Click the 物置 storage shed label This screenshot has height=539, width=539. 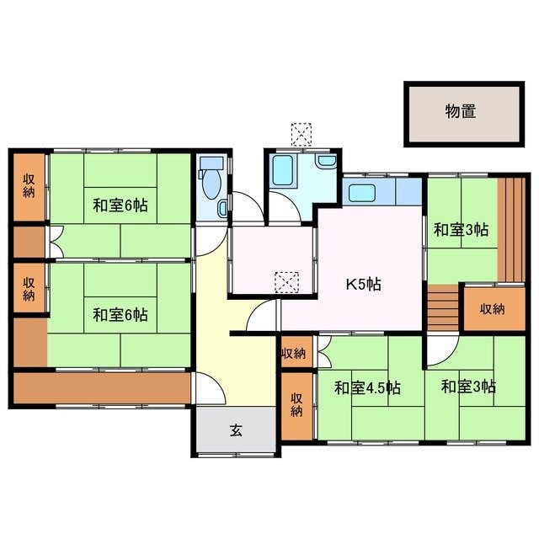(x=461, y=111)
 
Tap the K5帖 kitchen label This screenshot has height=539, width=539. (x=363, y=285)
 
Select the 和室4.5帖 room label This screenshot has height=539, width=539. (x=367, y=388)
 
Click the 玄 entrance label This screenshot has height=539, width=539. (x=236, y=430)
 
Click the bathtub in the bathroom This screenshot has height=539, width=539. (x=283, y=170)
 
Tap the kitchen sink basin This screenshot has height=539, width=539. (x=362, y=193)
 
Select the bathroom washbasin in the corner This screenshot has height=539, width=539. (x=327, y=161)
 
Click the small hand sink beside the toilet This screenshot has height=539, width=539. (x=222, y=209)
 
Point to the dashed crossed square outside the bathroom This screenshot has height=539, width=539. (x=302, y=135)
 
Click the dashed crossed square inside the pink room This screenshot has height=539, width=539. (x=286, y=282)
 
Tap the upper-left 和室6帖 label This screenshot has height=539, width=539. (x=120, y=205)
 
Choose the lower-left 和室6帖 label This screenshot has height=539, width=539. (x=120, y=315)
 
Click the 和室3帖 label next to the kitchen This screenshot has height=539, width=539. (x=461, y=230)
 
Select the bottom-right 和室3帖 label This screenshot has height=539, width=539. (x=468, y=387)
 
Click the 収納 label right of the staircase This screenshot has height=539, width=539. (x=493, y=309)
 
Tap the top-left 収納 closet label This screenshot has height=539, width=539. (x=29, y=186)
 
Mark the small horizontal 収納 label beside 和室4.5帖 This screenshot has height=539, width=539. (x=293, y=353)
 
